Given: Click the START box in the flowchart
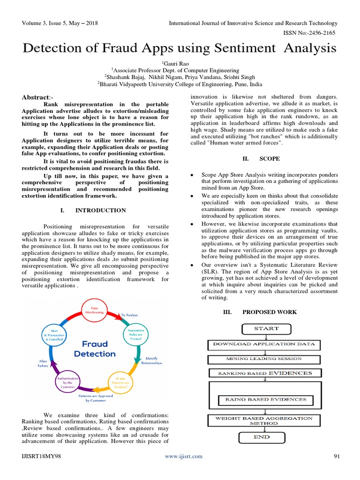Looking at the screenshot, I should coord(266,329).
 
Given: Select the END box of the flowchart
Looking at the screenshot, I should coord(262,437).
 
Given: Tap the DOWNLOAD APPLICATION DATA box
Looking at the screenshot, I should coord(264,345).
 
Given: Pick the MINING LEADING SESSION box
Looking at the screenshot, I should coord(264,359).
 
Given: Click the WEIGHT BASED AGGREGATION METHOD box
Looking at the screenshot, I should coord(263,420).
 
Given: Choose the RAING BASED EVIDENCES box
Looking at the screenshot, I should coord(265,400).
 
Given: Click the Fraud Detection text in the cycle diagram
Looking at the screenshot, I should coord(94,348).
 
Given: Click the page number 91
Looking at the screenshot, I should coord(336,456).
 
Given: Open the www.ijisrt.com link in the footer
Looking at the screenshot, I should coord(183,456).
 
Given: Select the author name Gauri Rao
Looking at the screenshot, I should coord(180,63).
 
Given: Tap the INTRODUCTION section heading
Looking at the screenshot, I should coord(103,210).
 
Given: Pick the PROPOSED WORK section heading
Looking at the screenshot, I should coord(269,312).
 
